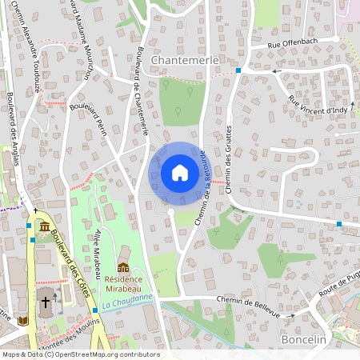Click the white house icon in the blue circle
(x=180, y=173)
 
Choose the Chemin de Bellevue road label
(x=246, y=306)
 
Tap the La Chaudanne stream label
(x=127, y=302)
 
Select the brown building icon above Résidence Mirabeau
(x=122, y=266)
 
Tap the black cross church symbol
(x=46, y=303)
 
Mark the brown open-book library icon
(x=22, y=321)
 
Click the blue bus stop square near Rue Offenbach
(x=238, y=71)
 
